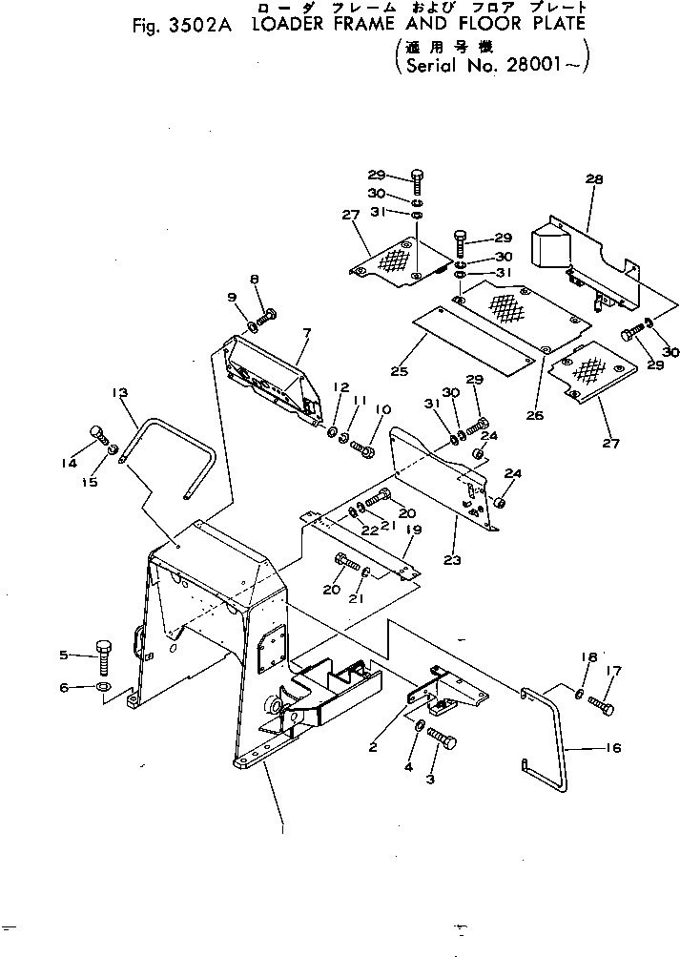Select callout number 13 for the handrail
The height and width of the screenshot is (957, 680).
tap(119, 392)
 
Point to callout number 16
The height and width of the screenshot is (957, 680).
tap(613, 748)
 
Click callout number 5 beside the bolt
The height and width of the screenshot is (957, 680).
tap(64, 655)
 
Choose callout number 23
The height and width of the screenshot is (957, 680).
tap(454, 561)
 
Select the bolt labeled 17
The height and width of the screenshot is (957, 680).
tap(601, 706)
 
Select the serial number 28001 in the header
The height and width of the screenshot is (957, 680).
tap(543, 66)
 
